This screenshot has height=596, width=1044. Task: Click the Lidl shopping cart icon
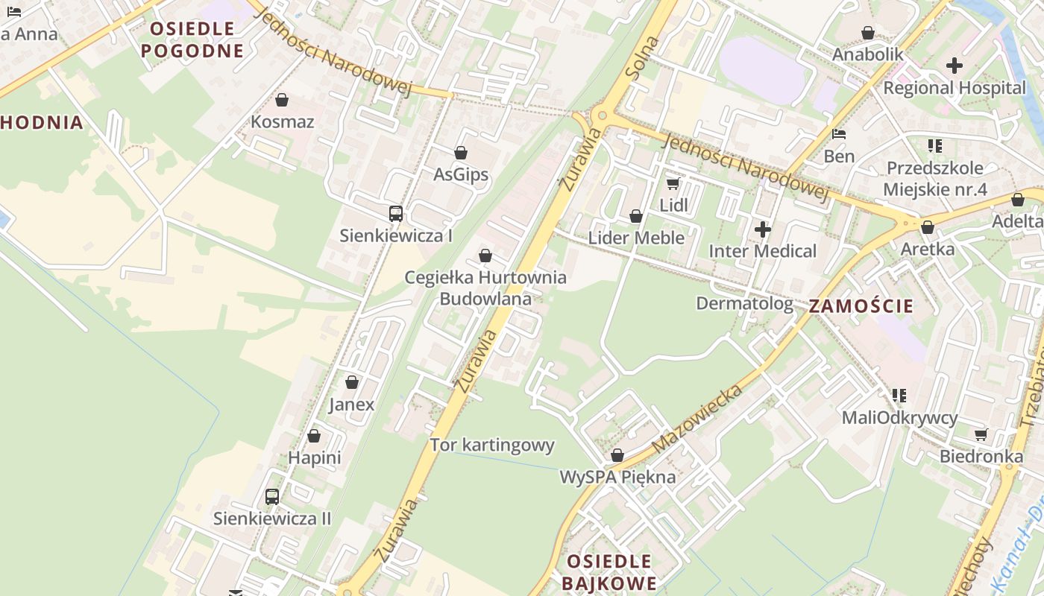point(673,183)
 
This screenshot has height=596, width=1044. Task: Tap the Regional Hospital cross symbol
point(955,66)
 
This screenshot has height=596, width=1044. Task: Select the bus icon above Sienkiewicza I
point(396,214)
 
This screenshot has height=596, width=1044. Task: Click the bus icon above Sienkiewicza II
point(272,496)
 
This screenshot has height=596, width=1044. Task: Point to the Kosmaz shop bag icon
point(282,100)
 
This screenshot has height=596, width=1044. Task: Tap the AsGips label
point(461,174)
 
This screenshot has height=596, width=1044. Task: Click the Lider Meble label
point(636,238)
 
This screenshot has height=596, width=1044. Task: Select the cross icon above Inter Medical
point(762,229)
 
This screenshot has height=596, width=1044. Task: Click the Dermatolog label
point(744,303)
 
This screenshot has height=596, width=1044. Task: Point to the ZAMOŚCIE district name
point(861,305)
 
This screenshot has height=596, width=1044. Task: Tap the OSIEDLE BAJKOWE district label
point(609,571)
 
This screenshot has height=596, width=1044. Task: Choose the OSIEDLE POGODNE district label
point(192,39)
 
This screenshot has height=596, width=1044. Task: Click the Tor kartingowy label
point(492,446)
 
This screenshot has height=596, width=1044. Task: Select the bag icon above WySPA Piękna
point(617,455)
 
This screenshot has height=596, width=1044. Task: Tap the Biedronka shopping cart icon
point(981,434)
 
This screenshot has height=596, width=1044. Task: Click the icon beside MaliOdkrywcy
point(899,395)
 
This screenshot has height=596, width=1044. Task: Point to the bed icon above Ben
point(839,135)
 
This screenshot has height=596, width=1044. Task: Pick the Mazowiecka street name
point(697,419)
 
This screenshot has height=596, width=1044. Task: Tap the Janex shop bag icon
point(352,383)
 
